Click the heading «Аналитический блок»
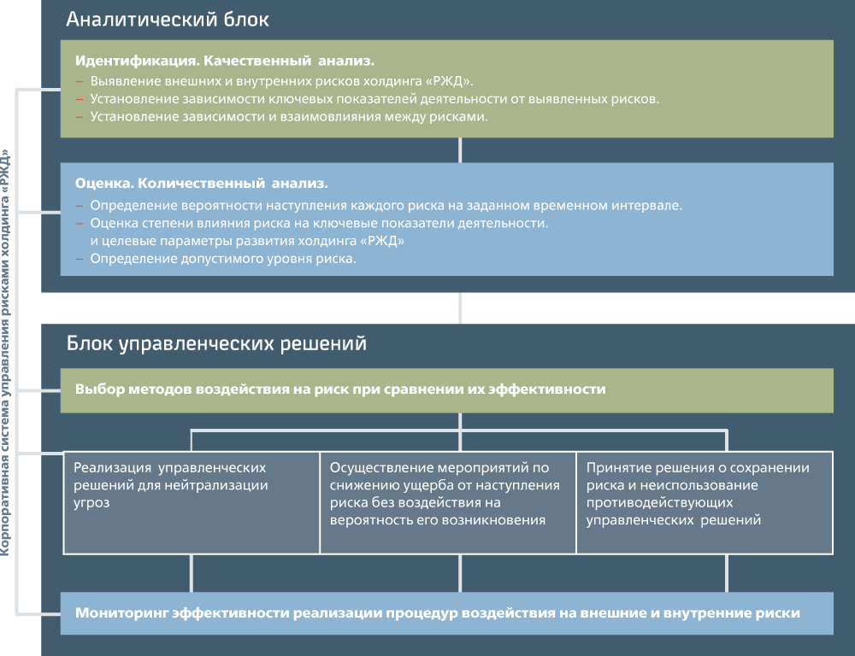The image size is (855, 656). click(x=168, y=19)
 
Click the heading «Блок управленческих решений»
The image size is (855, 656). click(x=217, y=344)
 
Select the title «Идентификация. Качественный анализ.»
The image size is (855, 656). click(x=225, y=61)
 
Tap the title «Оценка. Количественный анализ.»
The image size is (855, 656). click(x=202, y=184)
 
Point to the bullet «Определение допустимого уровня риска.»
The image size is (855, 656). click(x=222, y=259)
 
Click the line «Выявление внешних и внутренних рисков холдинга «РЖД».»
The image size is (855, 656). click(x=281, y=81)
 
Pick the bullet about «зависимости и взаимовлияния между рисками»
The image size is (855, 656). click(x=288, y=117)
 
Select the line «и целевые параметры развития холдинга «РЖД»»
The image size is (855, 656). click(x=247, y=241)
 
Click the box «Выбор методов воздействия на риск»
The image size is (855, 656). click(x=340, y=389)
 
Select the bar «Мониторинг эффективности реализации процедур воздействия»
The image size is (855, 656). click(x=438, y=613)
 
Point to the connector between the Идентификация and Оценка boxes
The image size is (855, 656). click(x=461, y=150)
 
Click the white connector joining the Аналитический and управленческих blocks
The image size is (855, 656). click(x=461, y=308)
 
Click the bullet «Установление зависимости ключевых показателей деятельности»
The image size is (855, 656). click(x=374, y=99)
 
